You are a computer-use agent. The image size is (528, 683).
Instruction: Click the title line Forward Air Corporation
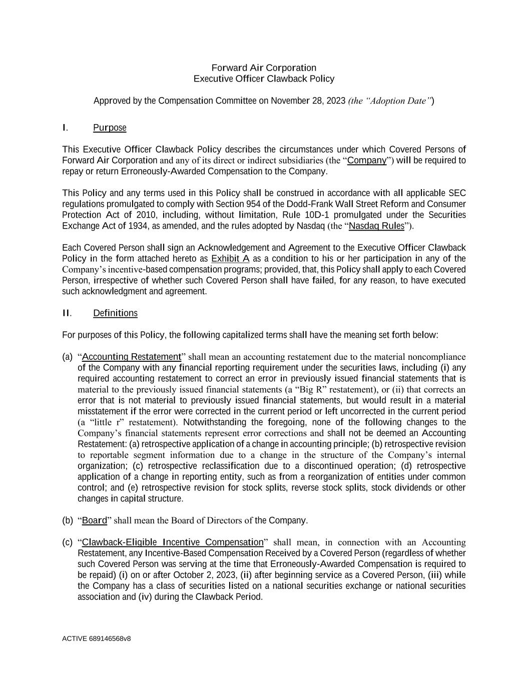point(264,68)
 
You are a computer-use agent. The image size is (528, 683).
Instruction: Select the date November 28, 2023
point(308,101)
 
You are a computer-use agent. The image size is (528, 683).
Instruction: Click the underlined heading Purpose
point(110,128)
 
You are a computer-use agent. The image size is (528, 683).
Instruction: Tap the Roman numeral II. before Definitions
point(67,313)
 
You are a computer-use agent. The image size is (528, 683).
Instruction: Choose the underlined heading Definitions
point(115,313)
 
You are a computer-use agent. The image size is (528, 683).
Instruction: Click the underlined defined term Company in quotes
point(367,161)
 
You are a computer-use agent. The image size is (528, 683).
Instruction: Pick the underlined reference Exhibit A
point(230,259)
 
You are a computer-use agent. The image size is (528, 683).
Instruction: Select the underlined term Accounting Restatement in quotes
point(131,357)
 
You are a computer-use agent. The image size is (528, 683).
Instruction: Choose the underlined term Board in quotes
point(95,520)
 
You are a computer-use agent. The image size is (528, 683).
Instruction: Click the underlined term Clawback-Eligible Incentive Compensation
point(173,542)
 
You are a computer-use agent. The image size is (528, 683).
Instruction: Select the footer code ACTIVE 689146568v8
point(97,638)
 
